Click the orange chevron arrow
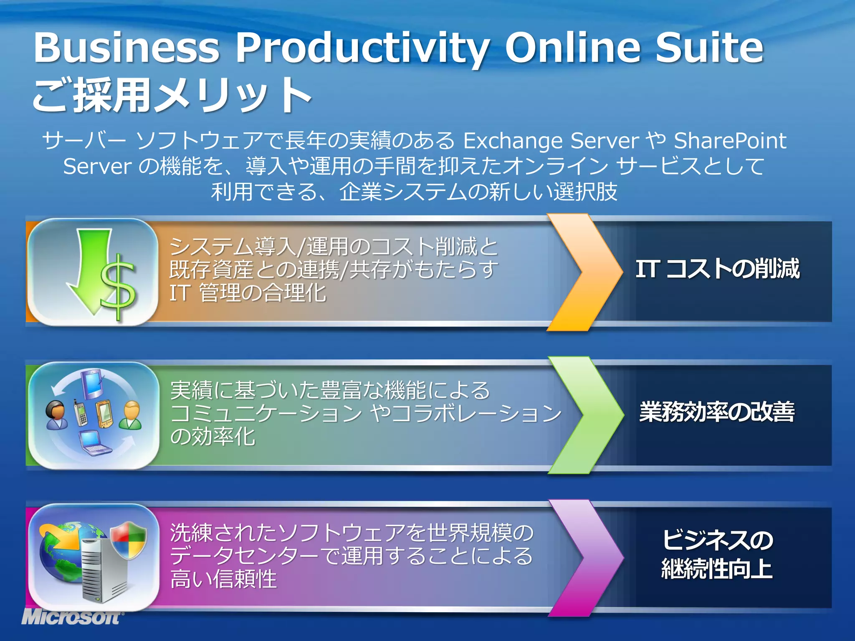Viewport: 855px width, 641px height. click(584, 272)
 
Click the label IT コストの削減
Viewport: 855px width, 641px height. click(717, 269)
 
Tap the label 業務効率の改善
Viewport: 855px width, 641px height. click(717, 412)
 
